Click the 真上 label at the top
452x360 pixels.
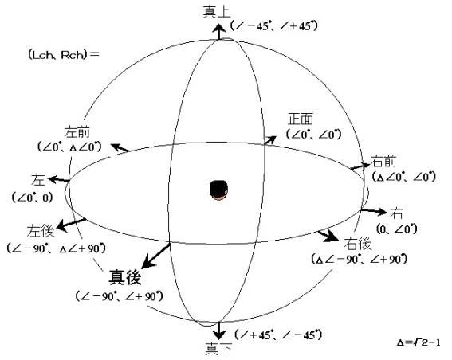pos(217,13)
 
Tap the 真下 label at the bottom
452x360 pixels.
pos(218,349)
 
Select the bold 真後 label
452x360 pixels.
pos(125,277)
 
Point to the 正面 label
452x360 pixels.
pos(301,119)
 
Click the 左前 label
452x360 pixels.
pos(77,132)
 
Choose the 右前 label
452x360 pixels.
pos(383,161)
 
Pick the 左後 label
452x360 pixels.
pos(41,231)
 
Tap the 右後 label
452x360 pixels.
pos(358,245)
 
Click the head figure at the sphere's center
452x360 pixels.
pos(218,190)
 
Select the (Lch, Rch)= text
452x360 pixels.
pos(64,54)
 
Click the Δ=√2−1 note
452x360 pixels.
pos(419,342)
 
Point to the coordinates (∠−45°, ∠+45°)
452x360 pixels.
pos(273,26)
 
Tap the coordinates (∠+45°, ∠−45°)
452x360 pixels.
pos(278,335)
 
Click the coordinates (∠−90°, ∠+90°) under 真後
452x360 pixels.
pos(119,295)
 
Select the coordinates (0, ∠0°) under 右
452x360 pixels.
pos(397,229)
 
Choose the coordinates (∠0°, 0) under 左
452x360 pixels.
pos(32,198)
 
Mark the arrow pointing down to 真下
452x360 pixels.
pos(219,331)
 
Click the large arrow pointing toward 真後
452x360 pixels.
pos(156,256)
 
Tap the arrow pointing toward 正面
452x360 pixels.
pos(270,140)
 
